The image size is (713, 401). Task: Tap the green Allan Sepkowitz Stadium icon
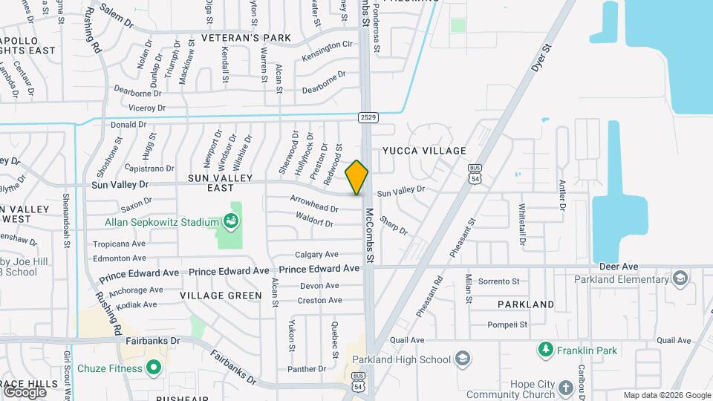(x=231, y=221)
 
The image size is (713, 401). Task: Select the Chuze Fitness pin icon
(x=154, y=368)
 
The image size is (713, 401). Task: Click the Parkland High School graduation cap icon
(x=463, y=359)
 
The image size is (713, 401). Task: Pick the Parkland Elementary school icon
(x=679, y=279)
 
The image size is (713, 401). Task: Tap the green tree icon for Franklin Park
(x=546, y=348)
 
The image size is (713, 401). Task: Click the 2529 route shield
(x=367, y=117)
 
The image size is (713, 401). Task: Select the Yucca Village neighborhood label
(x=424, y=151)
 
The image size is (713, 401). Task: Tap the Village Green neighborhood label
(x=221, y=296)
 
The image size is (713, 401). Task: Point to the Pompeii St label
(x=507, y=325)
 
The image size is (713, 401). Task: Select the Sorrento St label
(x=498, y=281)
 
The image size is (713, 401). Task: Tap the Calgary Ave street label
(x=316, y=254)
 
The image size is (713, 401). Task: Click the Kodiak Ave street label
(x=133, y=304)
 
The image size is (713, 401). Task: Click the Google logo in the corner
(x=25, y=391)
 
